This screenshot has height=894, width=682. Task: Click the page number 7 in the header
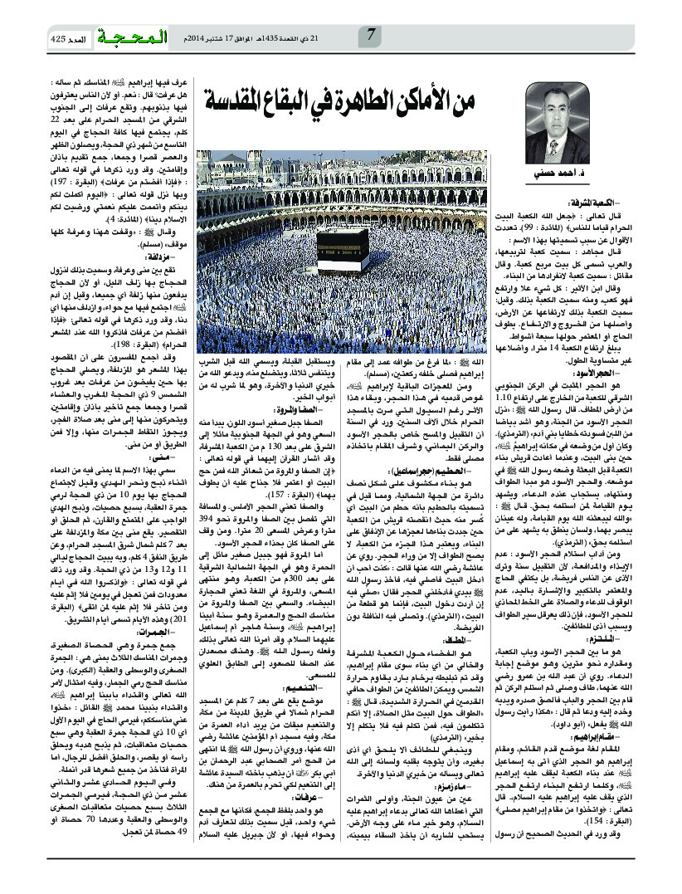point(371,36)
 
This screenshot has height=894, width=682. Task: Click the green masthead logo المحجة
point(131,37)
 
